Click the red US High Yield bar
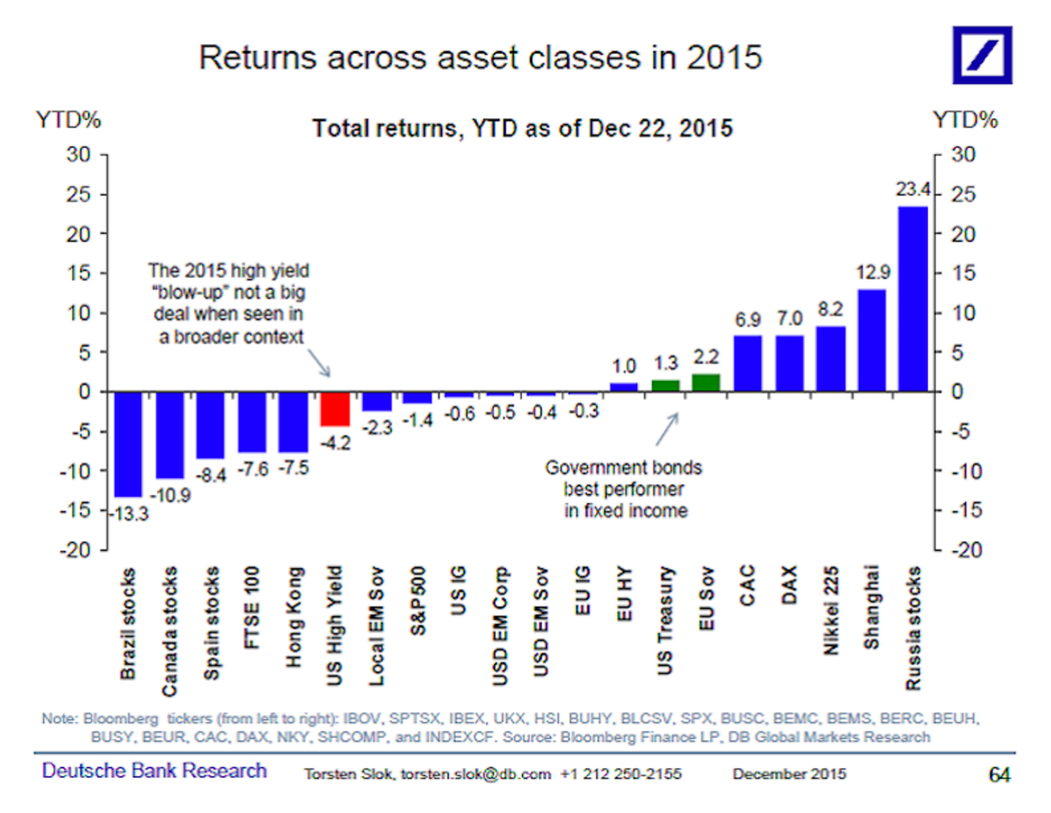[x=335, y=408]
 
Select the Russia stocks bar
[x=912, y=298]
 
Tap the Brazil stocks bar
[x=128, y=443]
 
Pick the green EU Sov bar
[x=706, y=383]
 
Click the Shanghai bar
[x=872, y=340]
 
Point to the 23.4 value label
[x=912, y=190]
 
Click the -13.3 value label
[x=129, y=514]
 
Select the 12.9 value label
[x=872, y=273]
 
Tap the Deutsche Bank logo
[x=981, y=55]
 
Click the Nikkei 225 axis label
[x=831, y=611]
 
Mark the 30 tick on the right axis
[x=963, y=155]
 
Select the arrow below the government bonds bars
[x=667, y=429]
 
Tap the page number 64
[x=999, y=774]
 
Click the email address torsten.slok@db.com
[x=475, y=774]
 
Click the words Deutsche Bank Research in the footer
[x=154, y=770]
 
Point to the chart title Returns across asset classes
[x=480, y=57]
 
